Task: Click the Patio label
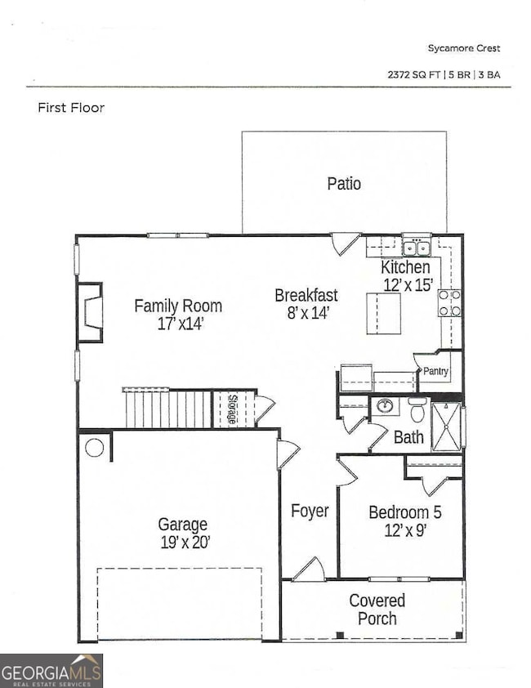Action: point(344,184)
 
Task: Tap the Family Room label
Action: point(178,306)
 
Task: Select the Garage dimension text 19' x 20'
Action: point(183,541)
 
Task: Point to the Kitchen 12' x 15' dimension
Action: point(406,284)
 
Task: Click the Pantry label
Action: point(435,371)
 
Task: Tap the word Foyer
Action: point(310,512)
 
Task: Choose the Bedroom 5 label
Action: point(405,513)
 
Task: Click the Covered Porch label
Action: point(377,610)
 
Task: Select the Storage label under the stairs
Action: point(232,408)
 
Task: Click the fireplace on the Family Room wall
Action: point(91,312)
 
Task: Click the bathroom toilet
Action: point(417,408)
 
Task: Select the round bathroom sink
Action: point(385,407)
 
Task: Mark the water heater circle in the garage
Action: point(94,448)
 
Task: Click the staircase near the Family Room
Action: point(167,408)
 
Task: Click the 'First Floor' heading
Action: point(71,107)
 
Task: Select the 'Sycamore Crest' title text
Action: point(463,49)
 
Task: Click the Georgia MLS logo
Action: point(51,670)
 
